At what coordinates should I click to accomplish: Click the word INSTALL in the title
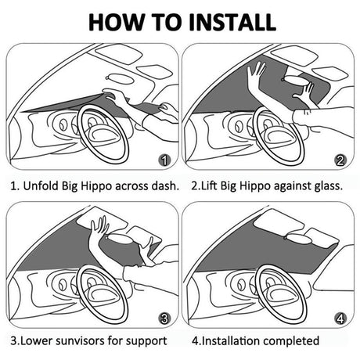click(x=232, y=22)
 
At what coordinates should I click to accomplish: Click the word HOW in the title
click(x=116, y=22)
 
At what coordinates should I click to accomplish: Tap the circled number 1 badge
click(x=164, y=160)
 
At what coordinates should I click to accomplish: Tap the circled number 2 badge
click(x=340, y=160)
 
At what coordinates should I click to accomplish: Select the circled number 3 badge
click(x=164, y=319)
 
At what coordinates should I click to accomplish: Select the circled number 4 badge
click(x=340, y=319)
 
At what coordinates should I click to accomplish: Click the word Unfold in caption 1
click(x=41, y=186)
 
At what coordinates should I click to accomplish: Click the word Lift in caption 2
click(x=209, y=186)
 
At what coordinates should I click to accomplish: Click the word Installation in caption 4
click(x=231, y=340)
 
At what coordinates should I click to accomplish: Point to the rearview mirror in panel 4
click(x=298, y=239)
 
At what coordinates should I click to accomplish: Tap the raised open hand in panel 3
click(x=99, y=227)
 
